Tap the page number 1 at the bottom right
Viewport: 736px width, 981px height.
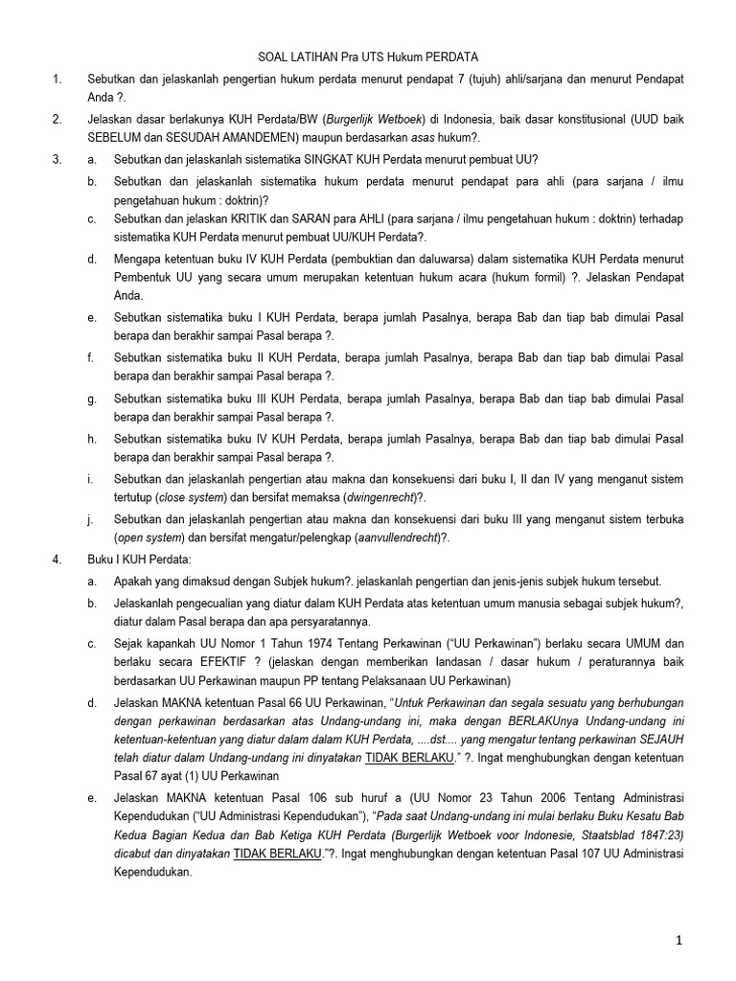coord(680,941)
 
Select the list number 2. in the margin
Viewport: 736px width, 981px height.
coord(57,119)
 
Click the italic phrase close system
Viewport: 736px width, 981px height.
coord(192,498)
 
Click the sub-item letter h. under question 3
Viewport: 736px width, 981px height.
coord(92,438)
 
